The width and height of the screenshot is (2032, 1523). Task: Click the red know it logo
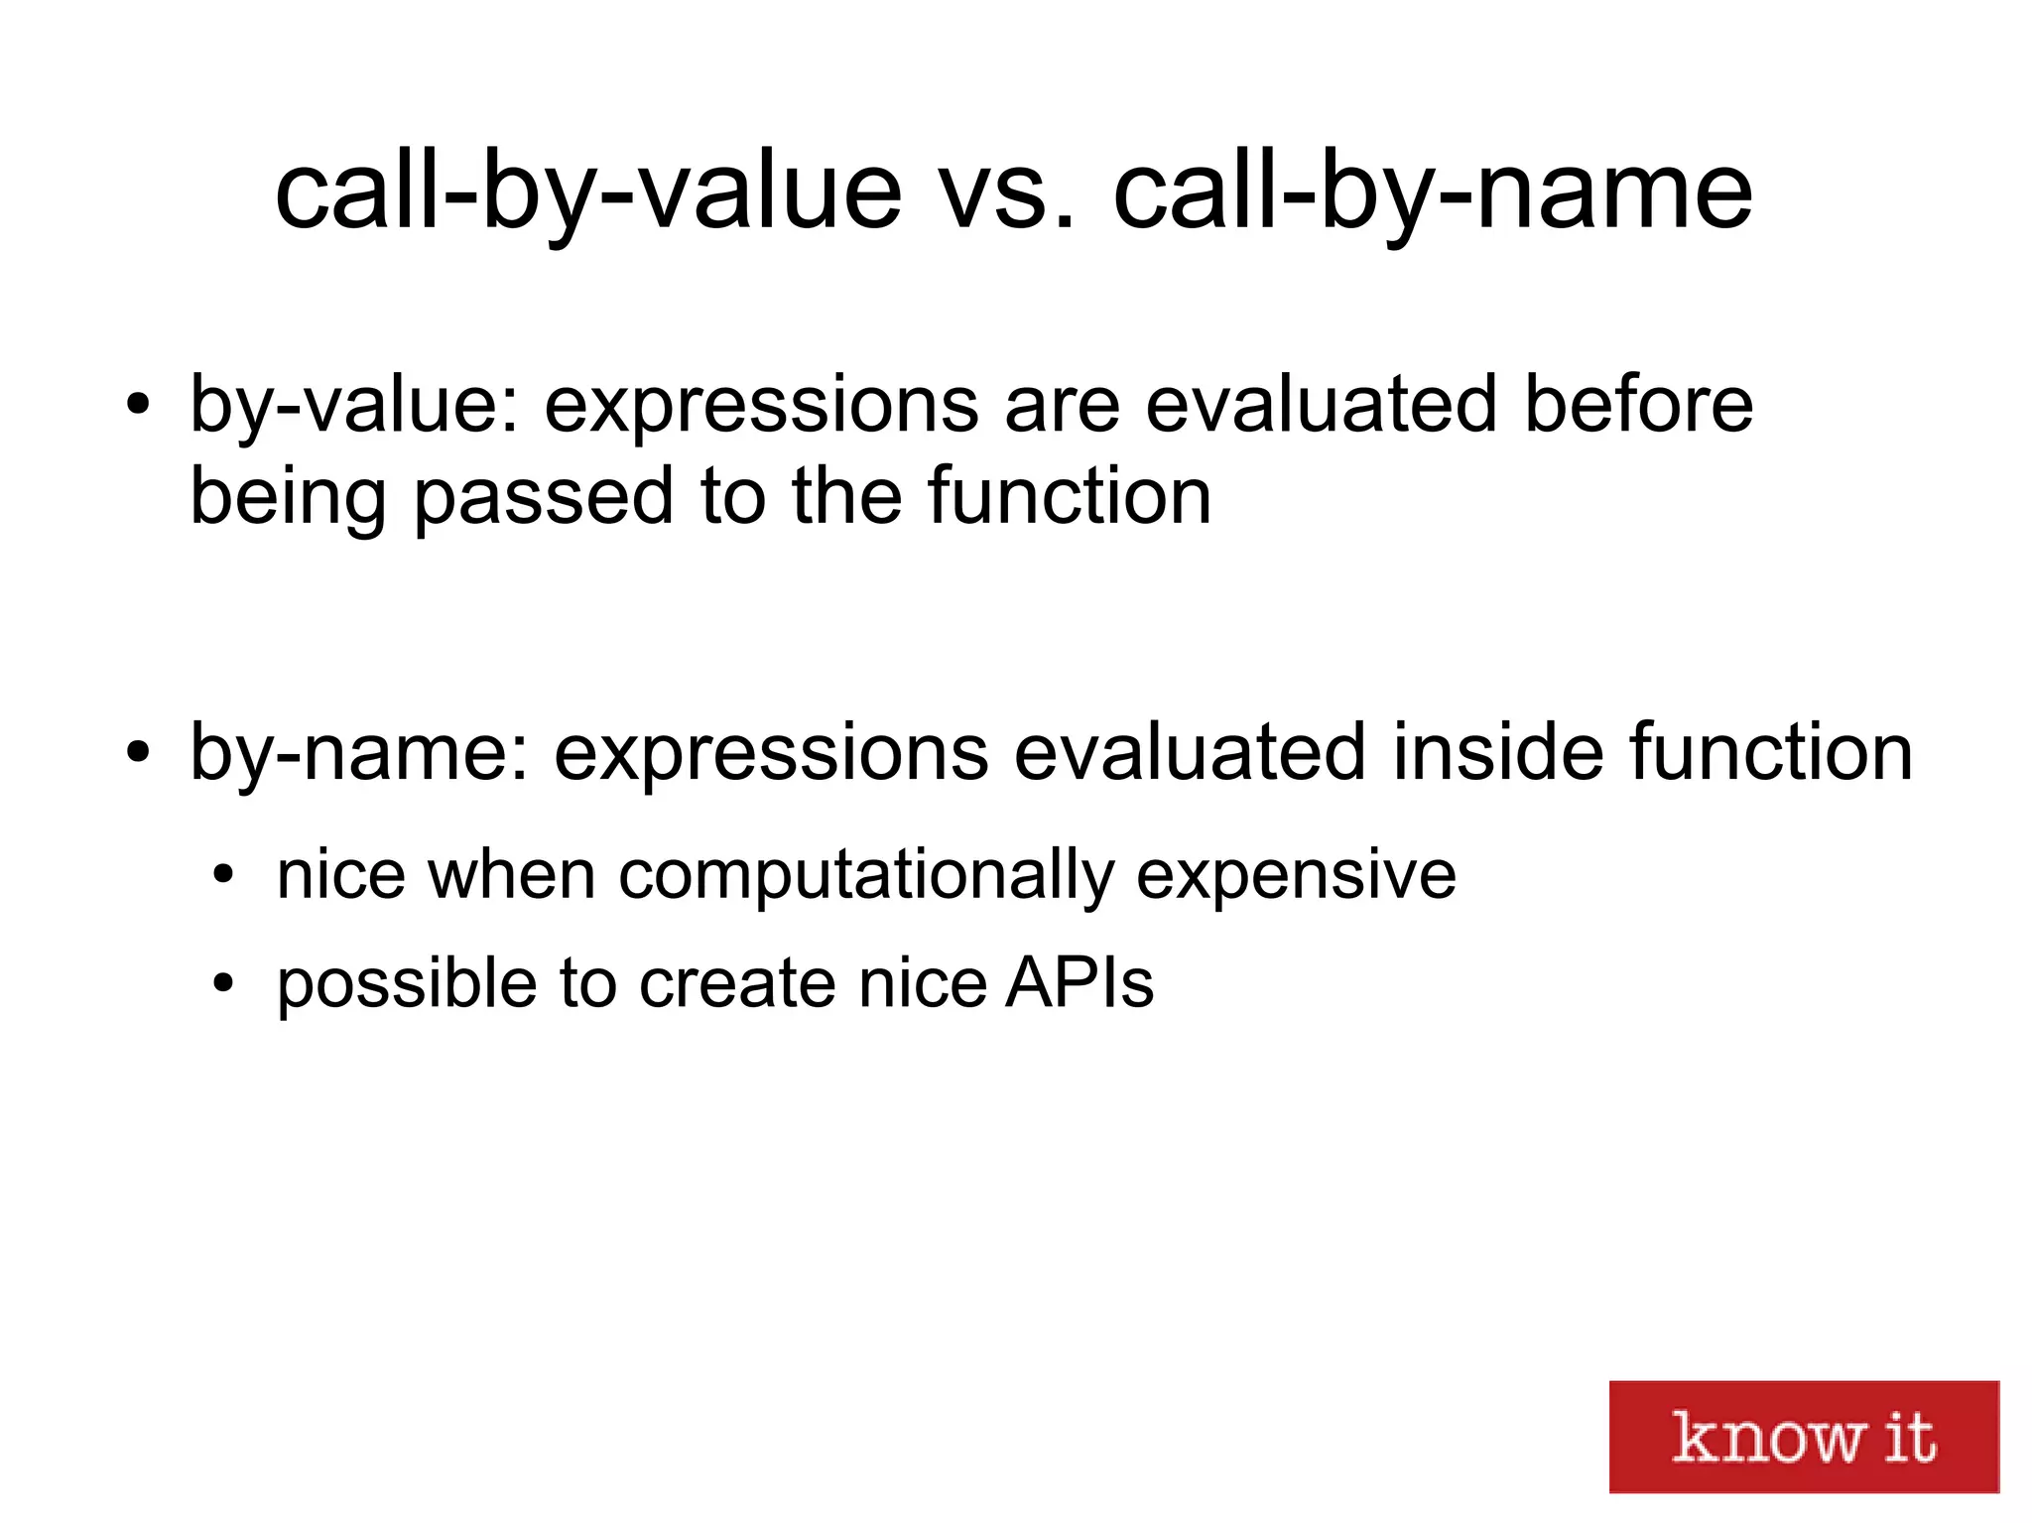1803,1436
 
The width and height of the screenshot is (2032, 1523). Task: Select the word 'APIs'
1079,983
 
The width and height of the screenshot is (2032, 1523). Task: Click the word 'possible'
407,985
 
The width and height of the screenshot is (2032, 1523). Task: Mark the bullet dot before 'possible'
224,983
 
